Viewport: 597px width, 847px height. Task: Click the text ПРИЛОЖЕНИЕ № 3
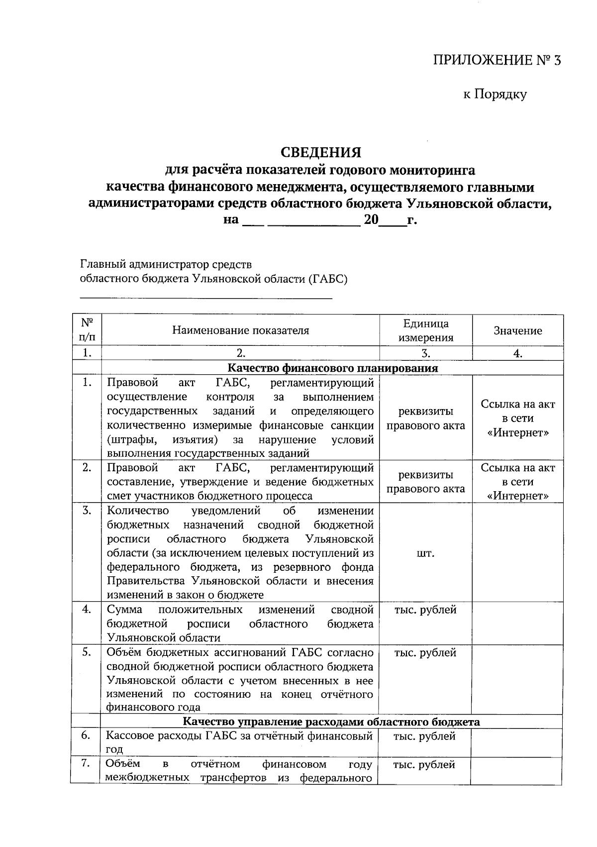coord(497,61)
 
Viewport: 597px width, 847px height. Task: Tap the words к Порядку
coord(495,94)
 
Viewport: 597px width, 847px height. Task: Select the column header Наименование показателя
coord(241,330)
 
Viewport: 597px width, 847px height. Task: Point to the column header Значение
coord(517,331)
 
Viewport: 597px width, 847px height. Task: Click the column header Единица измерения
coord(425,330)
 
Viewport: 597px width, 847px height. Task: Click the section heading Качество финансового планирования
coord(332,368)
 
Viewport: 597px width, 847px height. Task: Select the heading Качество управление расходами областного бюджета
coord(331,722)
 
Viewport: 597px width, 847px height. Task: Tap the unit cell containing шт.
coord(425,553)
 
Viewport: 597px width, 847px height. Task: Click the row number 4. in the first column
coord(87,610)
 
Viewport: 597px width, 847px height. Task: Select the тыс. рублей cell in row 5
coord(425,652)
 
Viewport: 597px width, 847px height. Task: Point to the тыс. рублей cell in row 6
coord(424,736)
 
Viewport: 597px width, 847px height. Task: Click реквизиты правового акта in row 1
coord(425,419)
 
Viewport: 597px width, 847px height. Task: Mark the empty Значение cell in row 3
coord(517,552)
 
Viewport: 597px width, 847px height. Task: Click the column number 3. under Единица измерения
coord(425,353)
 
